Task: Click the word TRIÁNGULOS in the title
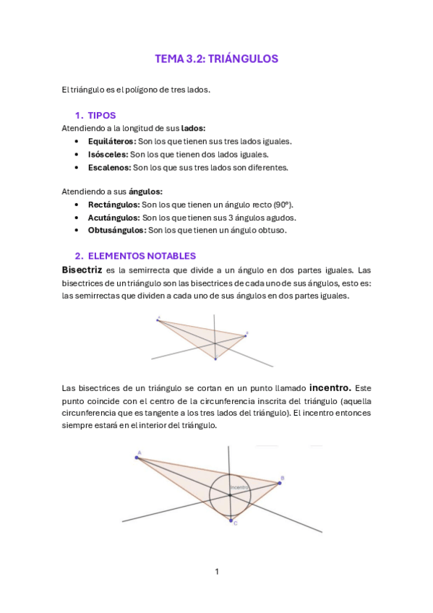[243, 59]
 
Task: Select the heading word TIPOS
[101, 116]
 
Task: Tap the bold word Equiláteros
[111, 141]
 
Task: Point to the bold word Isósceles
[108, 154]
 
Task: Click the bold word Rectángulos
[113, 205]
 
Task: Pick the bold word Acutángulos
[113, 218]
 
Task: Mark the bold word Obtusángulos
[116, 231]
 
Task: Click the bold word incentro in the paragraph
[330, 387]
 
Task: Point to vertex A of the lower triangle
[137, 457]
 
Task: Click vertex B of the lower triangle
[280, 482]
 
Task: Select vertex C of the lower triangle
[231, 520]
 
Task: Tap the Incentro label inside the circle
[239, 489]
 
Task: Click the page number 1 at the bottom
[216, 572]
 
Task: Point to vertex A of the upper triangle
[158, 320]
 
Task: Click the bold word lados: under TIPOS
[193, 128]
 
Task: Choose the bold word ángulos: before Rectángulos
[145, 192]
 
